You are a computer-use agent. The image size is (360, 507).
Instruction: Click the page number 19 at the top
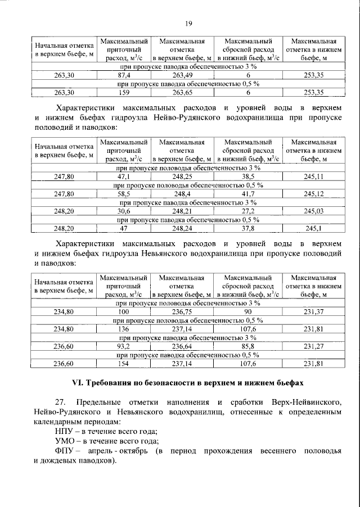pos(188,22)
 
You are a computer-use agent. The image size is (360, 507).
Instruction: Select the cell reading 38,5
pos(247,176)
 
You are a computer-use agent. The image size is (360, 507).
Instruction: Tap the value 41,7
pos(247,194)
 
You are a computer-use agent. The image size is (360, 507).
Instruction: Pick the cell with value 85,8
pos(247,346)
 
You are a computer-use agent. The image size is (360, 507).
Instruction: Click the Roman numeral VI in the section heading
pos(78,383)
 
